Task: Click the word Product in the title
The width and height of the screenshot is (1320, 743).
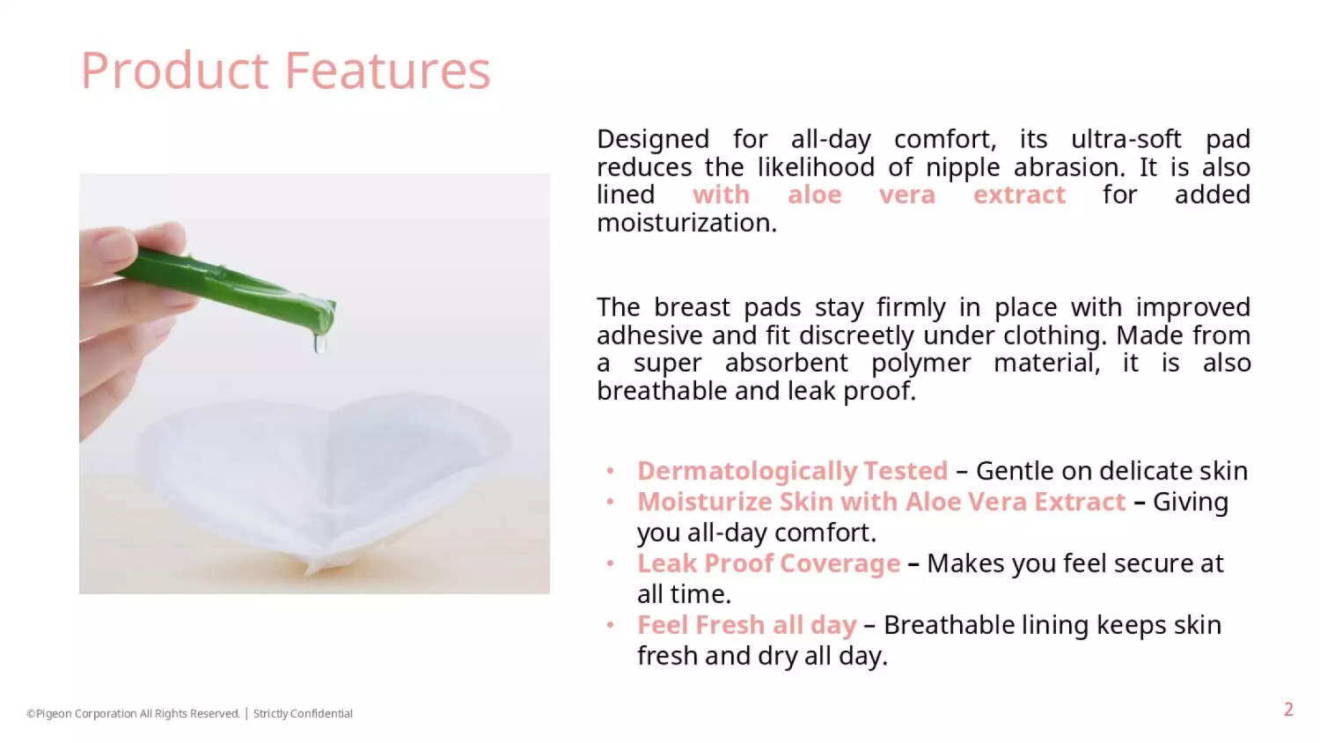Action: click(175, 70)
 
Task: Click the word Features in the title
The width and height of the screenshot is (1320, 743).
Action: click(387, 70)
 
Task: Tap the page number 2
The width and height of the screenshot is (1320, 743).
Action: click(1289, 710)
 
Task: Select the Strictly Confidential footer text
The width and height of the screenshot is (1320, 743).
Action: click(303, 714)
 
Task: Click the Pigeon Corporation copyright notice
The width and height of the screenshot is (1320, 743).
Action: click(133, 714)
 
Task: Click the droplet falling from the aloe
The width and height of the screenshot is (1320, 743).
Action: click(319, 343)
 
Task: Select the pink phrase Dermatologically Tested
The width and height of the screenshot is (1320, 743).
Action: click(793, 471)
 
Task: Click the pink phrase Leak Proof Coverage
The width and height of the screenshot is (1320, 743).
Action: click(769, 563)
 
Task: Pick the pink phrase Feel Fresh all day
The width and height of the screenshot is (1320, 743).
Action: click(746, 625)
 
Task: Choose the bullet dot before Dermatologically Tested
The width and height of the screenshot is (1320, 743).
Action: click(611, 471)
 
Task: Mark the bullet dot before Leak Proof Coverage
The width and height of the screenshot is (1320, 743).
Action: click(611, 563)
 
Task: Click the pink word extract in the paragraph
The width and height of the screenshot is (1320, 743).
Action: click(1019, 195)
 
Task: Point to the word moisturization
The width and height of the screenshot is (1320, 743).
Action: click(687, 223)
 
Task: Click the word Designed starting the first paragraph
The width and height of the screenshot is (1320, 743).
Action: click(653, 140)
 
